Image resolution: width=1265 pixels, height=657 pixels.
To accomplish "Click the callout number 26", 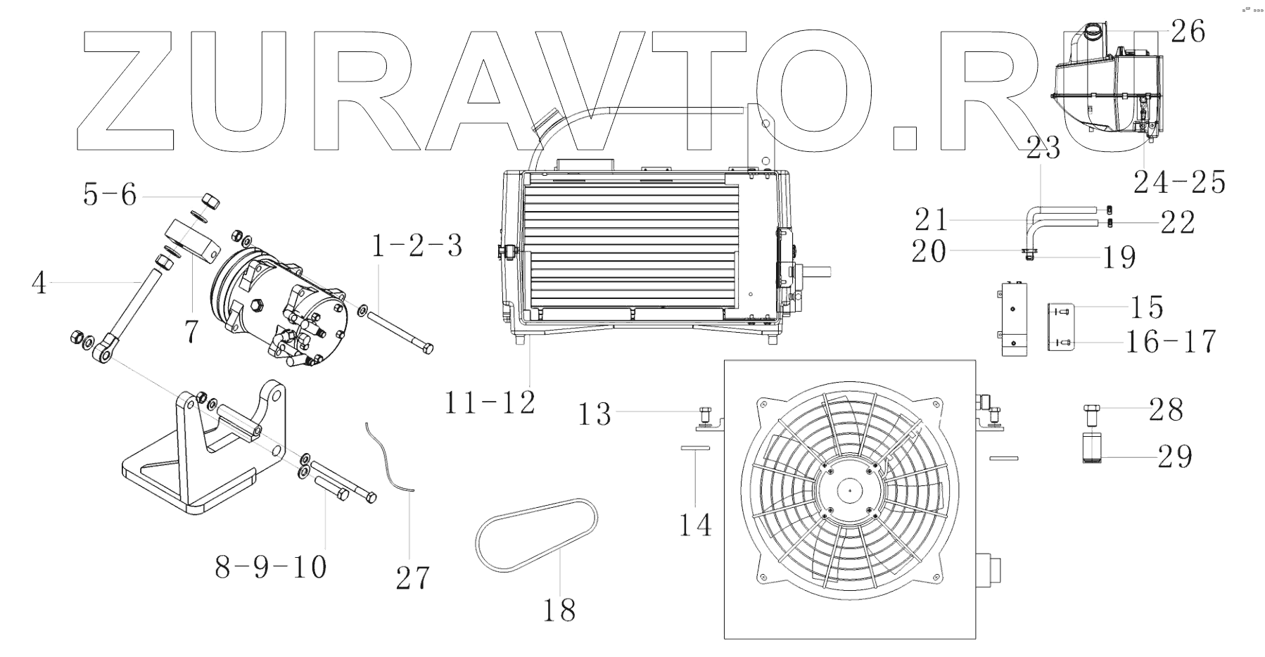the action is pos(1188,32).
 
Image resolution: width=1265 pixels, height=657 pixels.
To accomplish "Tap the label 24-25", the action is pos(1179,182).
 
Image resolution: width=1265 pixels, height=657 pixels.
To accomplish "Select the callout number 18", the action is pos(559,609).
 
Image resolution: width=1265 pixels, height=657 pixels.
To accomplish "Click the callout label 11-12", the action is pos(490,402).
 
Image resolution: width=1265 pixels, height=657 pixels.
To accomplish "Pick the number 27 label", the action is pos(412,578).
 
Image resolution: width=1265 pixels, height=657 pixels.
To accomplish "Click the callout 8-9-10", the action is pos(271,567).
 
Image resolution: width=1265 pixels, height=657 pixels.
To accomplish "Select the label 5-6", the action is pos(110,195).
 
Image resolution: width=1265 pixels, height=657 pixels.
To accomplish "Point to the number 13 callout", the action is pos(595,414).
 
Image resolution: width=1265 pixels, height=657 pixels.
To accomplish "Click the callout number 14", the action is pos(695,525).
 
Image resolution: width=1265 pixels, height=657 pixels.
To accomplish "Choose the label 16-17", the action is pos(1171,342).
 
